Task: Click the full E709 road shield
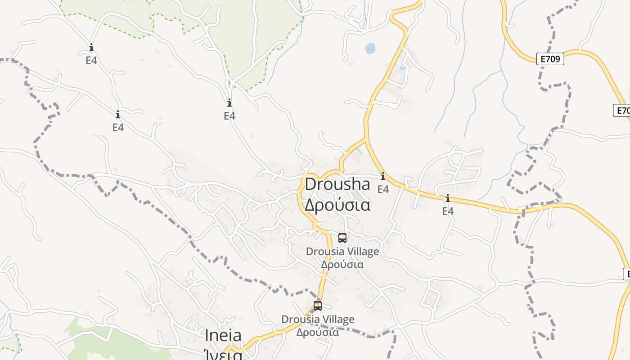550,58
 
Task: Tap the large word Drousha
337,184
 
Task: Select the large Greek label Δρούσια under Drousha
337,205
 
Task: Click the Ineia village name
223,335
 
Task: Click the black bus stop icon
342,238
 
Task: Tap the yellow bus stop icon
318,306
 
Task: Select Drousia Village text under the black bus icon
342,252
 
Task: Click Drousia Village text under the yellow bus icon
318,319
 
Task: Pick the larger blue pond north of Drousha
370,48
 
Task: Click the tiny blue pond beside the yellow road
402,68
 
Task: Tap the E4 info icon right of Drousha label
383,176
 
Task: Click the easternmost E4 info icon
448,198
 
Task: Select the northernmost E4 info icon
91,47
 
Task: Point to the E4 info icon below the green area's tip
229,103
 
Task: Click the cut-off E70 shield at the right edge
622,110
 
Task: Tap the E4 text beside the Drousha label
383,189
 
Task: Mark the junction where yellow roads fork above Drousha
366,139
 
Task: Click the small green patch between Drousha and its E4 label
359,196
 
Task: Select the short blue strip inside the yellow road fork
358,150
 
